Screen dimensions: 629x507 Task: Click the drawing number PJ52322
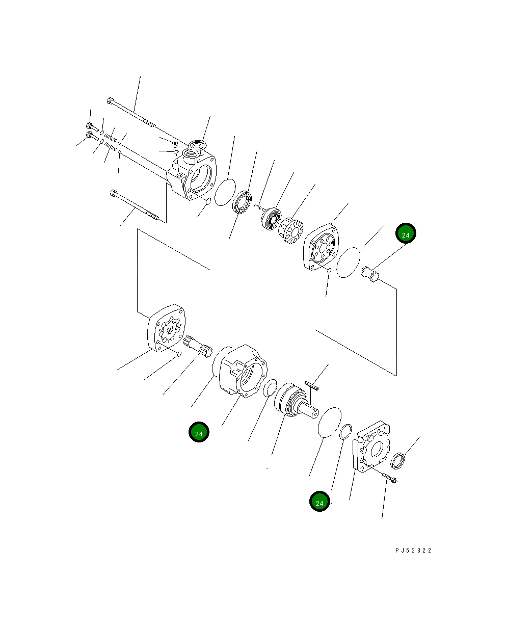pos(413,551)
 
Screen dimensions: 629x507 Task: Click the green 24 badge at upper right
pos(406,234)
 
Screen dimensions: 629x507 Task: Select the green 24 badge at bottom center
pos(319,503)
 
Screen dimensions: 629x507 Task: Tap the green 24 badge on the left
pos(199,433)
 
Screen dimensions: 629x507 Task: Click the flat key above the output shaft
pos(311,385)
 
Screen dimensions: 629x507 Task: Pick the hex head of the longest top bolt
pos(110,101)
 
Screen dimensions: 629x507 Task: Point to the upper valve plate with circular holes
pos(323,247)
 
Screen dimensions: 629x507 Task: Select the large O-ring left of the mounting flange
pos(329,422)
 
